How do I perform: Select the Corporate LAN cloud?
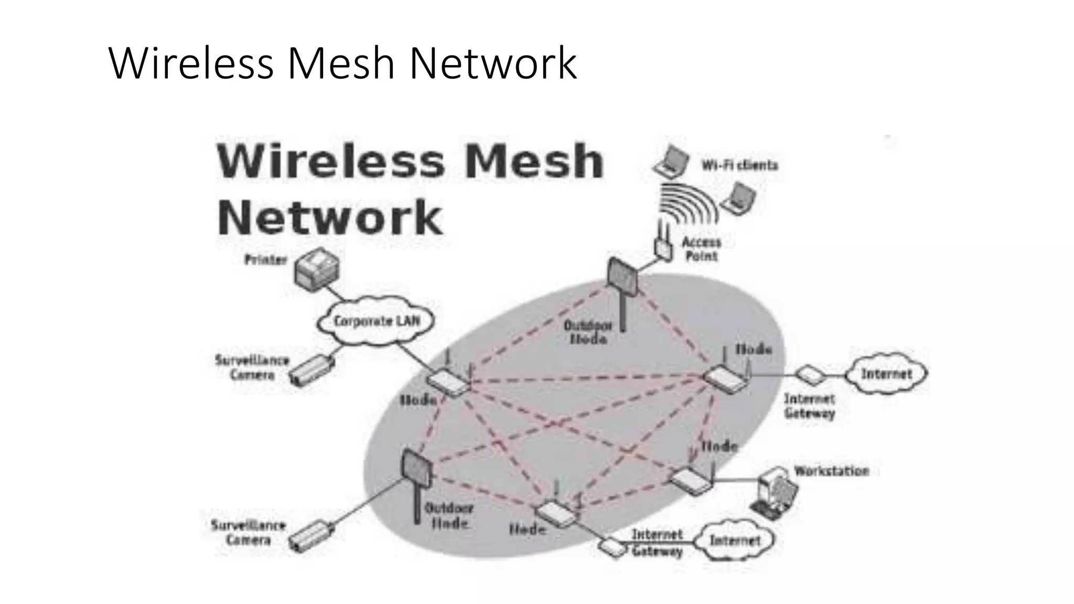(x=376, y=321)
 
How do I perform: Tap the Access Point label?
(x=702, y=249)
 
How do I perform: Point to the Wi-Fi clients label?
(x=740, y=165)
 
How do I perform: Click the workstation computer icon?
(x=774, y=491)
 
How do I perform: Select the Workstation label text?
(x=831, y=471)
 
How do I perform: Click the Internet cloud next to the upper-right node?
(x=887, y=374)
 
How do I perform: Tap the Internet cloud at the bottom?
(x=735, y=540)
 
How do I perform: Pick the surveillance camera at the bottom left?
(x=313, y=535)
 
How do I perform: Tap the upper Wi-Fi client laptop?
(x=671, y=161)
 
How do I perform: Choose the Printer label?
(x=265, y=260)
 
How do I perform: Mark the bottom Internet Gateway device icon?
(x=613, y=547)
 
